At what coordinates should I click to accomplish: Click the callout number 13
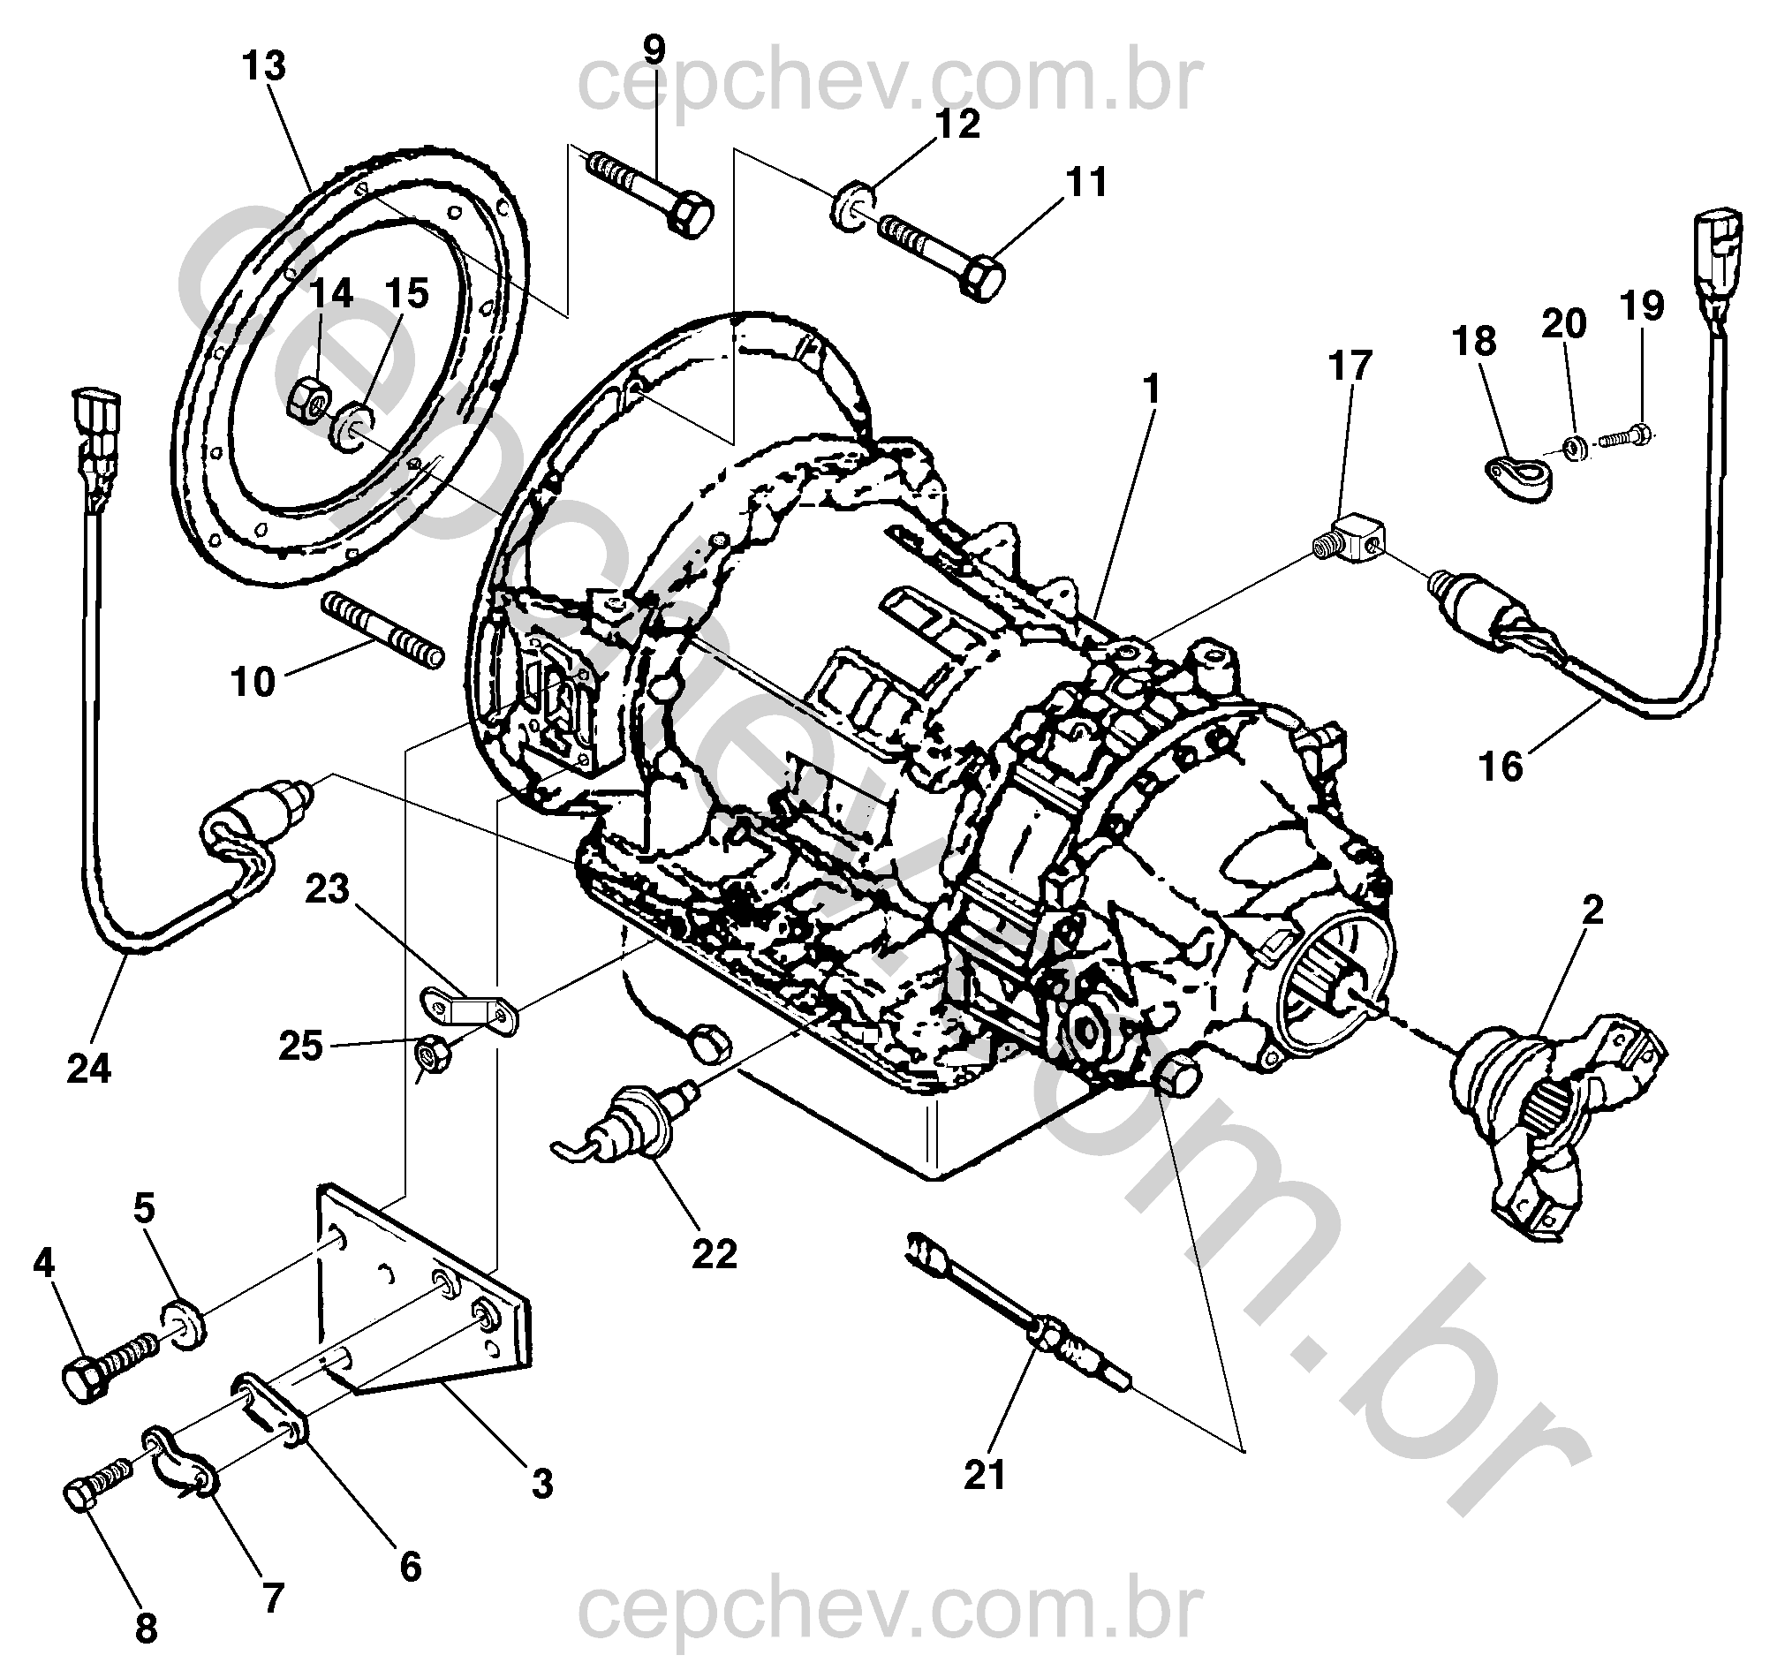(265, 67)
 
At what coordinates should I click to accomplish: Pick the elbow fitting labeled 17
(1355, 538)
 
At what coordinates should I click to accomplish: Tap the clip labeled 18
(1520, 479)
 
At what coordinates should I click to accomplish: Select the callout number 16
(1501, 767)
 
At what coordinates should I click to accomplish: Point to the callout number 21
(985, 1474)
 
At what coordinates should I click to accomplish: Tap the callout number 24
(88, 1069)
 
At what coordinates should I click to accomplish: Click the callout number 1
(1151, 389)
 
